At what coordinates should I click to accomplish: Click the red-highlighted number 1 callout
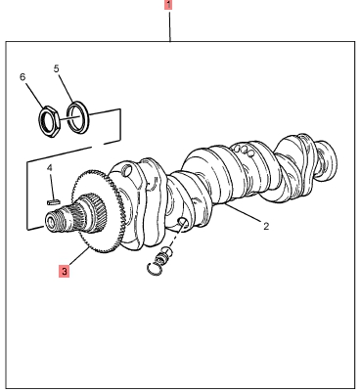coord(168,5)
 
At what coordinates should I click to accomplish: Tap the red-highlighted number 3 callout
coord(64,271)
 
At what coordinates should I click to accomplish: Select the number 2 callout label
coord(266,226)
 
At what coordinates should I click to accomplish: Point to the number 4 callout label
coord(49,168)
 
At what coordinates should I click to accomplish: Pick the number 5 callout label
coord(57,68)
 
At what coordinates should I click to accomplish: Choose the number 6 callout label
coord(22,77)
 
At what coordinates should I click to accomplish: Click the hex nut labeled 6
coord(49,121)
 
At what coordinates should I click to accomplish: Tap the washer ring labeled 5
coord(77,117)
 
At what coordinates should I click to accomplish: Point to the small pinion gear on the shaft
coord(95,212)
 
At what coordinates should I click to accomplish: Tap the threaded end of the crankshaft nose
coord(56,221)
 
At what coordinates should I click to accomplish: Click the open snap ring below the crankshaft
coord(154,268)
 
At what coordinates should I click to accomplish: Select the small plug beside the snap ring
coord(163,255)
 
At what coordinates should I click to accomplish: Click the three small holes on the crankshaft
coord(244,151)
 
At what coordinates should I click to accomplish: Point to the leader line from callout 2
coord(243,213)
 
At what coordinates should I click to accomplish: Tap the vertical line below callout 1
coord(169,25)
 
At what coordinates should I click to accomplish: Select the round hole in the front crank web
coord(127,169)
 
